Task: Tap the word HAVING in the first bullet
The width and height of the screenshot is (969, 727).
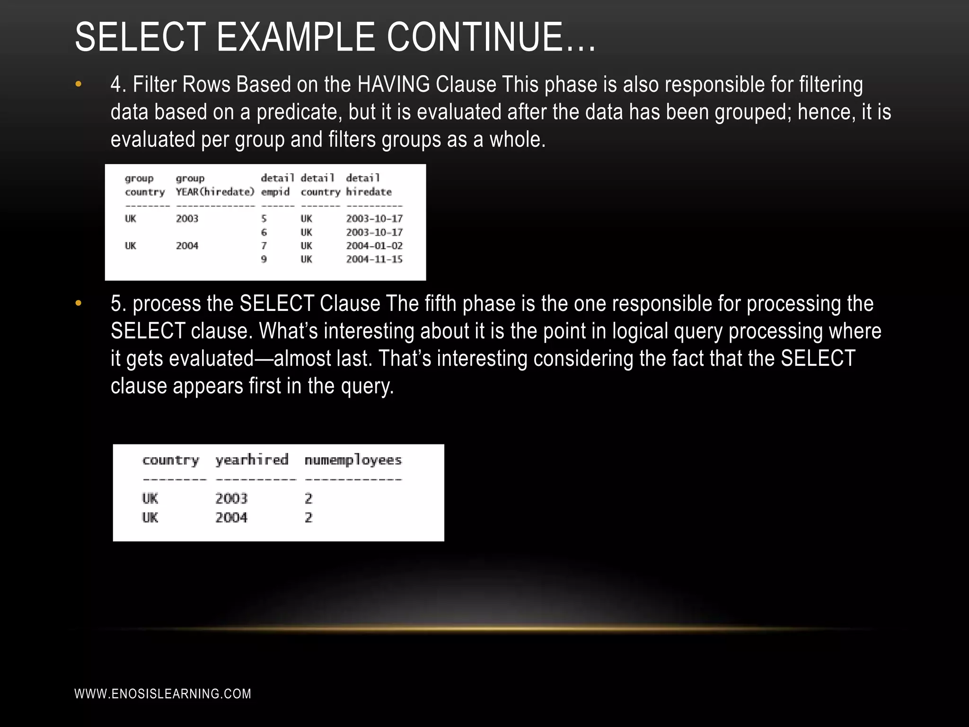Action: pos(394,85)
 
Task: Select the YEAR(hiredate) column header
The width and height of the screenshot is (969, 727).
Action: pos(215,192)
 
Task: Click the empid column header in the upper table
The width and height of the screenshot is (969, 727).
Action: pos(275,192)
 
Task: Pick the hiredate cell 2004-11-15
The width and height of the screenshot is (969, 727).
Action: pos(374,259)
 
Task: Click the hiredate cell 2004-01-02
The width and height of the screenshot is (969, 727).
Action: pos(374,246)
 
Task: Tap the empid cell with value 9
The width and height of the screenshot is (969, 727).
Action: pos(264,259)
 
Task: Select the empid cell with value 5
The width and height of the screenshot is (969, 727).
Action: pos(264,219)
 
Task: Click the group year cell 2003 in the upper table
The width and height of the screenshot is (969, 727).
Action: pos(187,219)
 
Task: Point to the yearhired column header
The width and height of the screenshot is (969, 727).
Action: pos(252,460)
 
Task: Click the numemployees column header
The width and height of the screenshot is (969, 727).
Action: pos(353,460)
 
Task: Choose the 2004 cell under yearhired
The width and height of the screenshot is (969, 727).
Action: pos(231,518)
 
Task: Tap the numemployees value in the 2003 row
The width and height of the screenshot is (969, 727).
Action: pos(308,498)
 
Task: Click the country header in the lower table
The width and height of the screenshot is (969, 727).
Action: pos(171,460)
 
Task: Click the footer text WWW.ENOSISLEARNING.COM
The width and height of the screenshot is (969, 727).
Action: pos(163,694)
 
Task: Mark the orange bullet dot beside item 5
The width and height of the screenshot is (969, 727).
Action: pos(79,303)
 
